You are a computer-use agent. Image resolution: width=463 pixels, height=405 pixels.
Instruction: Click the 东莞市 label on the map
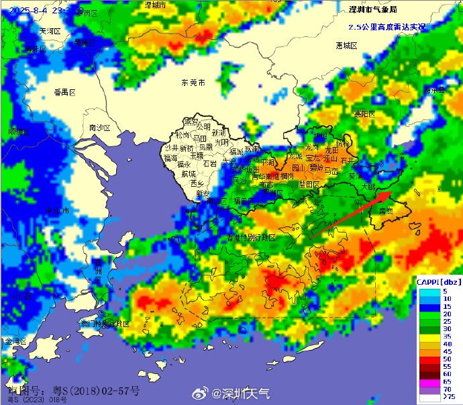pos(193,83)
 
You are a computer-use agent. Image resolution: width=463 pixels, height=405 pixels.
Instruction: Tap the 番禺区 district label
pos(66,92)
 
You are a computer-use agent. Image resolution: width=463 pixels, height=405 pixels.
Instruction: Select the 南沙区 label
pos(99,127)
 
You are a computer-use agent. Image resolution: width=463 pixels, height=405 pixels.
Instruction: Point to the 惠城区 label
pos(346,45)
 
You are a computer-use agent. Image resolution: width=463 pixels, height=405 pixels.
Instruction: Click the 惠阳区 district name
pos(365,114)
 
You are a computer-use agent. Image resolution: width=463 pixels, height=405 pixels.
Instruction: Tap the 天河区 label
pos(50,32)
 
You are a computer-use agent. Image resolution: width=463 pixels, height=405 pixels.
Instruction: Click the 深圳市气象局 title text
pos(373,9)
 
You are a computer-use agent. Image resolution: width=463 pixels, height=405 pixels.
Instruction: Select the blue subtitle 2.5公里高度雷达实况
pos(387,27)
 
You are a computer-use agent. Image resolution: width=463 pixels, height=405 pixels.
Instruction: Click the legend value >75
pos(446,398)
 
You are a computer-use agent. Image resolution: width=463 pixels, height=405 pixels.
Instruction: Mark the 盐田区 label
pos(309,183)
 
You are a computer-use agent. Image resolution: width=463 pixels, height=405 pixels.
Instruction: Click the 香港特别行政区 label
pos(250,238)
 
